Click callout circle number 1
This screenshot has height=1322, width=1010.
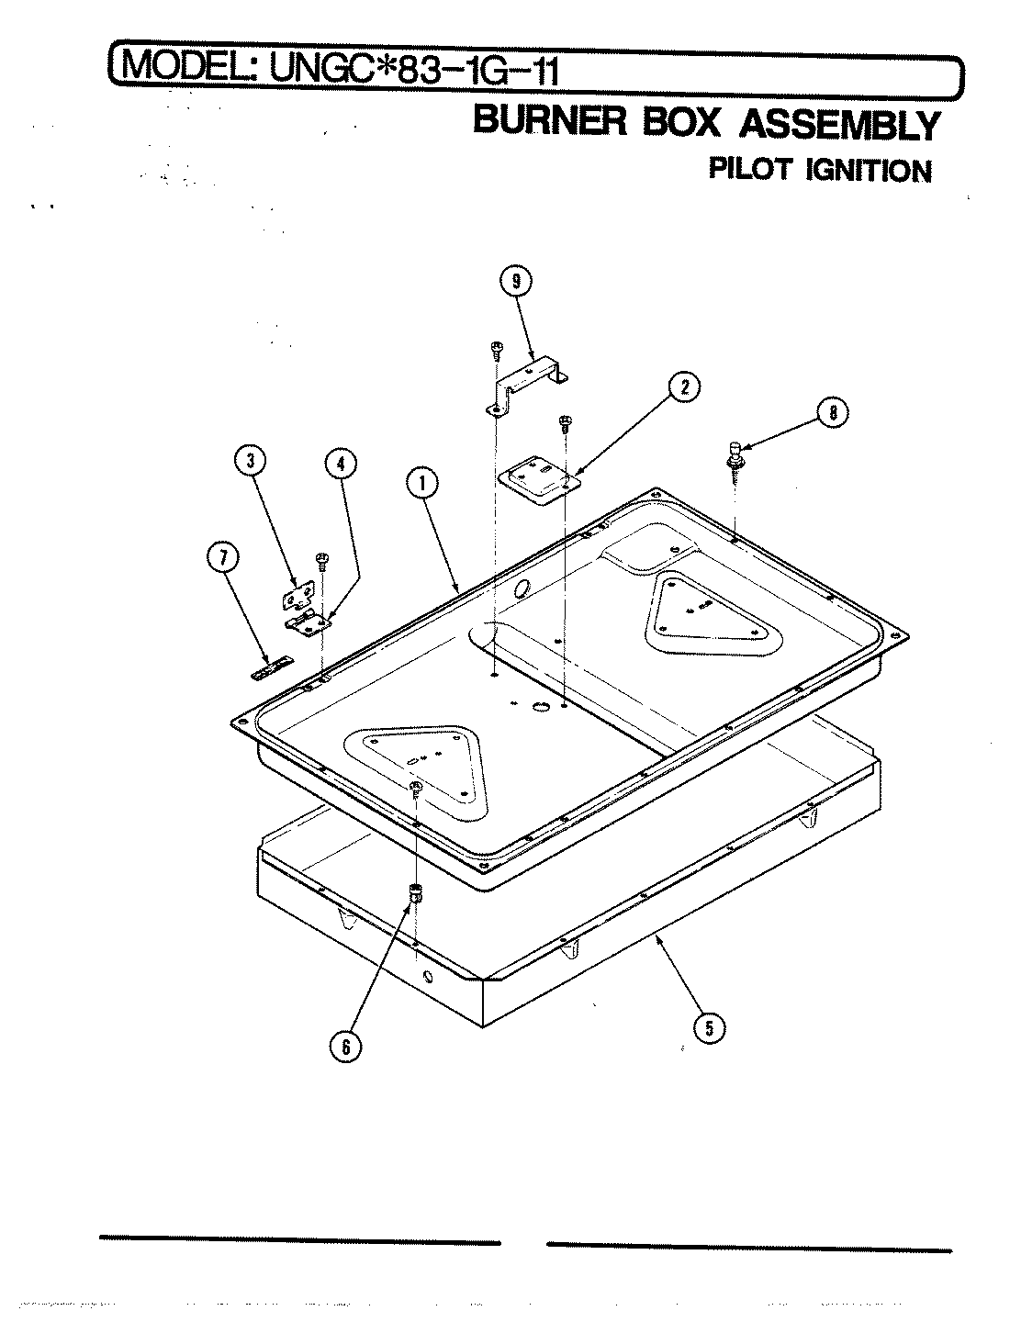pyautogui.click(x=422, y=484)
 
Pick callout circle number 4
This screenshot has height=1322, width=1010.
pyautogui.click(x=340, y=465)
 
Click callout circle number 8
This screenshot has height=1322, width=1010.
pyautogui.click(x=833, y=413)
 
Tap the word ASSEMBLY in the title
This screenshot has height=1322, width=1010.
pyautogui.click(x=839, y=126)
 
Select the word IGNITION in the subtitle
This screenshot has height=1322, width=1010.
pyautogui.click(x=868, y=171)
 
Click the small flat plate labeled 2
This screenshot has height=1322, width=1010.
pyautogui.click(x=541, y=481)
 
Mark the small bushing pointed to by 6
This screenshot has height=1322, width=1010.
pyautogui.click(x=416, y=891)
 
